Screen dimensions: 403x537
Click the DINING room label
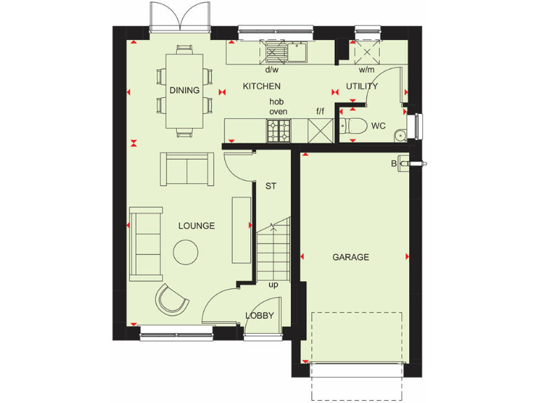pos(185,90)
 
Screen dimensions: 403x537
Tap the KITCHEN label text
pos(261,86)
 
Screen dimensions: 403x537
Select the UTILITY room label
pos(361,86)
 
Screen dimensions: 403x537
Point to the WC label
pos(378,127)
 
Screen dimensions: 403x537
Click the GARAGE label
pos(350,257)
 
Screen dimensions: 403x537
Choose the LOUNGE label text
pos(196,226)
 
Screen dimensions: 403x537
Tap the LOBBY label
pos(259,316)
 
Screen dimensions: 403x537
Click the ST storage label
pos(271,187)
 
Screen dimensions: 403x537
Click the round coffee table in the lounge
pos(186,252)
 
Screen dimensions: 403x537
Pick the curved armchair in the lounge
pos(171,299)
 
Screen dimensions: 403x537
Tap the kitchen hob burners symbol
pos(279,129)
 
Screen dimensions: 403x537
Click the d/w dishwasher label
pos(271,70)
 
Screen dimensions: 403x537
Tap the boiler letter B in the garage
pos(394,163)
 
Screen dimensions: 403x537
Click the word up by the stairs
pos(273,285)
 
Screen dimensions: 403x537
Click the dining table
pos(185,90)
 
